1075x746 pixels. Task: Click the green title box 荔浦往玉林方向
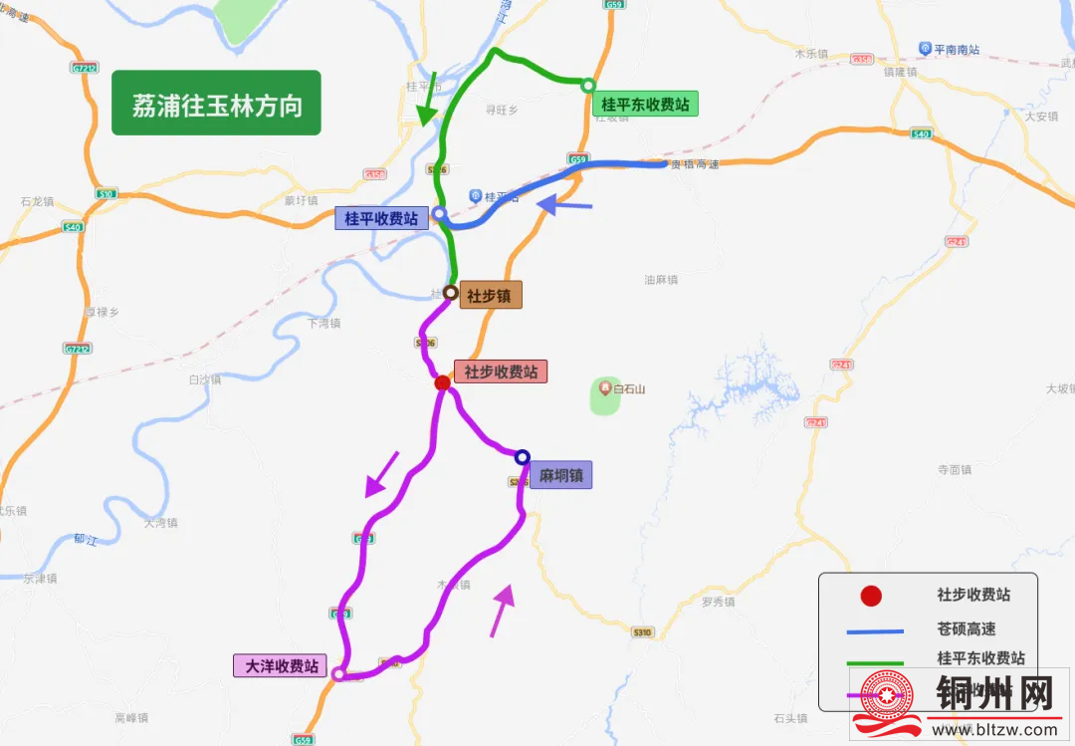click(x=216, y=103)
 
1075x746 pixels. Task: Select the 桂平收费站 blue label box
click(x=381, y=218)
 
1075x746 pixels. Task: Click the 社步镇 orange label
click(x=489, y=295)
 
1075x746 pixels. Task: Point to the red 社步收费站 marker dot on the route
click(x=443, y=382)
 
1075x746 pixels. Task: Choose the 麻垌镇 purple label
click(x=559, y=475)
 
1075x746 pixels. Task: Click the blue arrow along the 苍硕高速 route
click(x=564, y=205)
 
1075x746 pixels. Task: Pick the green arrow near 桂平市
click(x=428, y=101)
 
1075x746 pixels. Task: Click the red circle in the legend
click(x=871, y=596)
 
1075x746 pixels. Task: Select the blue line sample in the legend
click(x=871, y=629)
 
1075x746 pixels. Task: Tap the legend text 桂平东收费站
click(x=980, y=658)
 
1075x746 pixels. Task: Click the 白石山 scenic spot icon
click(x=603, y=387)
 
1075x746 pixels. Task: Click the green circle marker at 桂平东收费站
click(x=588, y=85)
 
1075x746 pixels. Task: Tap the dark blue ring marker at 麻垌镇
click(x=522, y=457)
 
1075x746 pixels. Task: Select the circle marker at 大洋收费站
click(x=338, y=674)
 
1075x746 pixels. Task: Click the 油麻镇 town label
click(x=661, y=280)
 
